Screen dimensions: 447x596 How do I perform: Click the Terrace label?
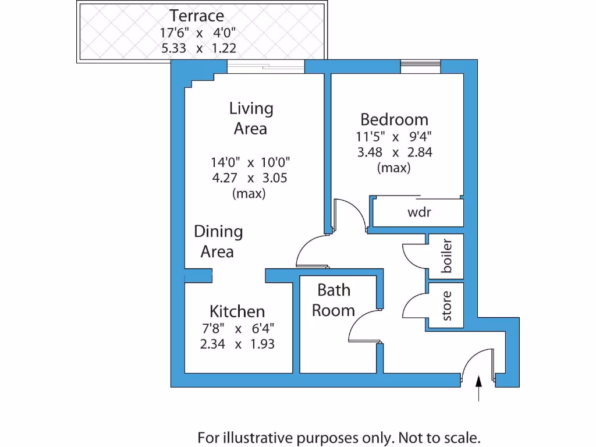click(196, 16)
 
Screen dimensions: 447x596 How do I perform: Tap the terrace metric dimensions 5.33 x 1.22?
click(198, 48)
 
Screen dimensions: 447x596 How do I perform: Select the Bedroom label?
click(394, 120)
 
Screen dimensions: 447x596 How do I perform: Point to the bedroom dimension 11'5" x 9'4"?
click(394, 138)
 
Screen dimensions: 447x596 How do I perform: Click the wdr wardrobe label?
click(418, 212)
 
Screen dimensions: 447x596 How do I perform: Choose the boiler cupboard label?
click(447, 256)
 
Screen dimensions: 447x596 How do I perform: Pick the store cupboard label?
click(447, 306)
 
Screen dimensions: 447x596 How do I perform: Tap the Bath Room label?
click(334, 300)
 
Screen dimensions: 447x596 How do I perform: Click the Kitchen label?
click(237, 311)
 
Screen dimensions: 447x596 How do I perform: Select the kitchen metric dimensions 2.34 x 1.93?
click(237, 344)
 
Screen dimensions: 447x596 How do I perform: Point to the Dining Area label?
click(218, 241)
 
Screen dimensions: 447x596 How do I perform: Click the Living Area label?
click(251, 118)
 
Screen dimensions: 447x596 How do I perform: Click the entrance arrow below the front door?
click(478, 389)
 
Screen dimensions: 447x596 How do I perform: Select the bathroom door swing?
click(364, 326)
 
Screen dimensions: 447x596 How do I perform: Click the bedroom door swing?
click(349, 215)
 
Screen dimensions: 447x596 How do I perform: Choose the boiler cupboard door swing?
click(414, 256)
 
